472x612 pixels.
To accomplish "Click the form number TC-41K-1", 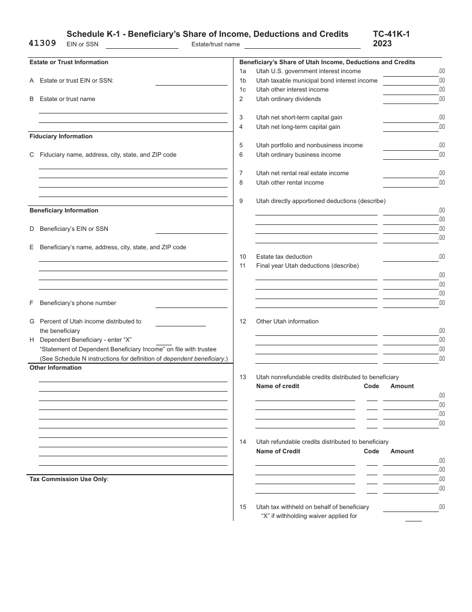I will pos(391,34).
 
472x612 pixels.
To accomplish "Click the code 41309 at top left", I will pos(42,43).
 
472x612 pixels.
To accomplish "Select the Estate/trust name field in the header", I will pos(302,44).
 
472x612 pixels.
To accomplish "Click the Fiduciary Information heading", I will pos(61,136).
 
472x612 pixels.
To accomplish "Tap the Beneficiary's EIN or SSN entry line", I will pos(191,229).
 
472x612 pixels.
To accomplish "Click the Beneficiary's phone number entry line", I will pos(191,304).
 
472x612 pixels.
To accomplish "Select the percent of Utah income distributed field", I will pos(180,322).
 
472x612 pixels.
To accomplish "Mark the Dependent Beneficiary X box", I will pos(163,341).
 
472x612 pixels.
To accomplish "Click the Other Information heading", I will pos(56,368).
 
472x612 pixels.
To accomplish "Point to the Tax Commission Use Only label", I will pos(69,479).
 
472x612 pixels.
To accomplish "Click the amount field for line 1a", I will pos(410,72).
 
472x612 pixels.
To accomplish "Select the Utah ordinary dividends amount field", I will pos(410,100).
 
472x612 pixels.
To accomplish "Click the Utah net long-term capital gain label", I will pos(298,127).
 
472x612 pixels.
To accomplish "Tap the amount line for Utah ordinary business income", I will pos(410,155).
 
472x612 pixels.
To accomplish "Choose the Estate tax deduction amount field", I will pos(410,257).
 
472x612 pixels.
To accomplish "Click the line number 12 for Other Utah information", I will pos(243,321).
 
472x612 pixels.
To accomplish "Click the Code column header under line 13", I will pos(371,386).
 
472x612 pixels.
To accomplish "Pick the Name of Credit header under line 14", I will pos(278,451).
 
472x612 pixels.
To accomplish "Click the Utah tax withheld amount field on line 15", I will pos(410,508).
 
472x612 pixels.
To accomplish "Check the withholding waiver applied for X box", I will pos(413,517).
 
